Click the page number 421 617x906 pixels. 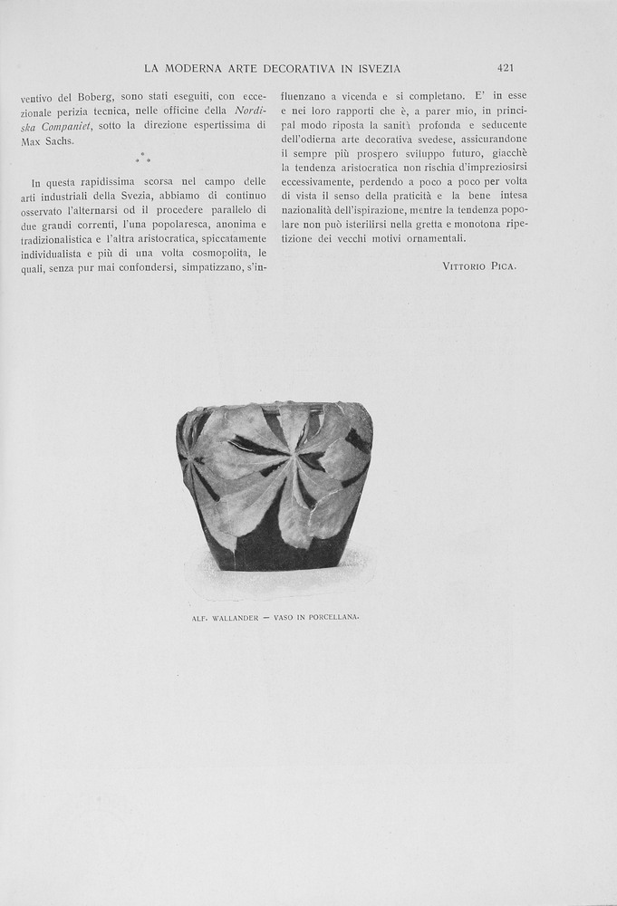506,68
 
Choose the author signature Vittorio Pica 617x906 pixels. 478,266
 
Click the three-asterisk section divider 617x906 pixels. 143,159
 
